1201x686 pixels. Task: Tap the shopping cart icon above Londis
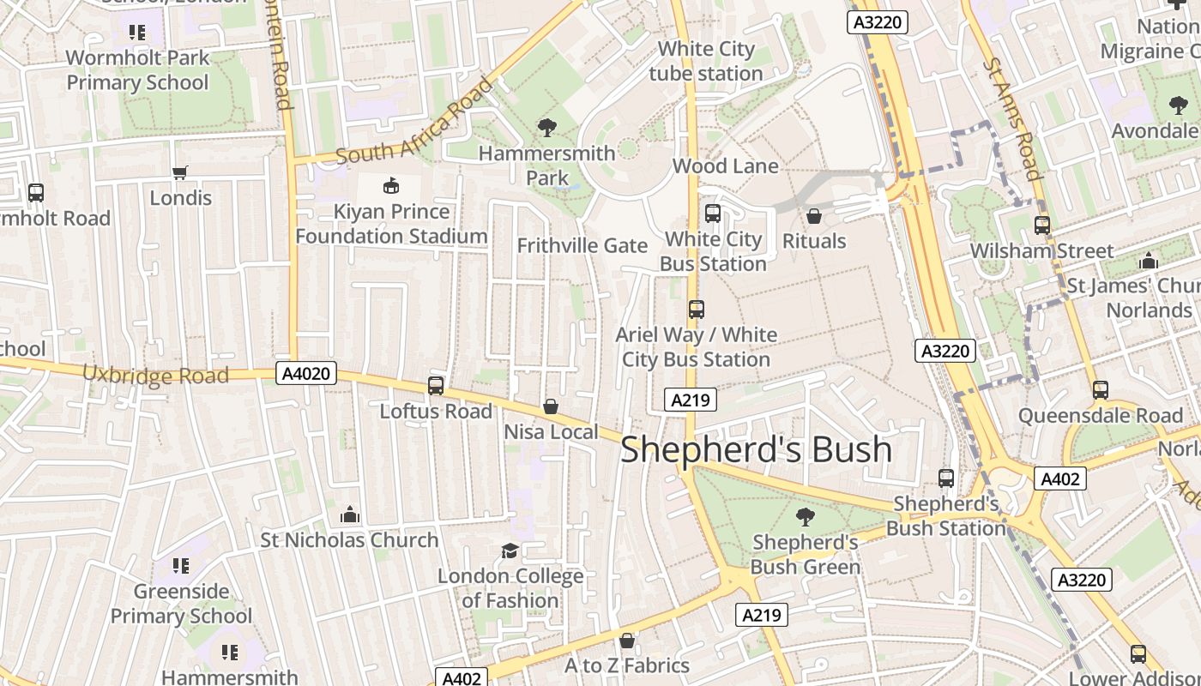tap(180, 173)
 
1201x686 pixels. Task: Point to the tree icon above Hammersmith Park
tap(546, 129)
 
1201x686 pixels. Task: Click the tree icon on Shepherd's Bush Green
tap(805, 516)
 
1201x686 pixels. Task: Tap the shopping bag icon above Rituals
tap(814, 216)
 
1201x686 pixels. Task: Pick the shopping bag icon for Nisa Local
tap(551, 406)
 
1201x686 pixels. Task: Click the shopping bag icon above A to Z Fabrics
tap(627, 641)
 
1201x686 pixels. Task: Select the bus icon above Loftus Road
tap(436, 386)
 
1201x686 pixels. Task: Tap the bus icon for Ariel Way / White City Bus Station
tap(697, 310)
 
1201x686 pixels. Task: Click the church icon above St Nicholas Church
tap(349, 514)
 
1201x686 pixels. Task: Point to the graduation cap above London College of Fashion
tap(510, 551)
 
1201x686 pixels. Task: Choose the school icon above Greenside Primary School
tap(181, 566)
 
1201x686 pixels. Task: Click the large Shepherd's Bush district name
tap(756, 449)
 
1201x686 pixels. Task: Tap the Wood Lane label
tap(726, 165)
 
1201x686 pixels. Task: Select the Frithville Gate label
tap(582, 245)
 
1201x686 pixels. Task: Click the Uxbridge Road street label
tap(155, 375)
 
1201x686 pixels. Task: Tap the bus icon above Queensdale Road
tap(1101, 390)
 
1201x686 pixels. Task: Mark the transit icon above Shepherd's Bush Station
tap(946, 478)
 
